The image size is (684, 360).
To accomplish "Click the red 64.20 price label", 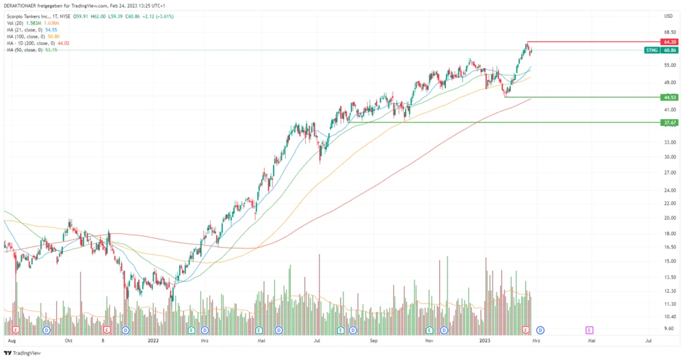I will (x=670, y=42).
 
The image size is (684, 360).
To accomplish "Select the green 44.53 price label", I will (x=670, y=97).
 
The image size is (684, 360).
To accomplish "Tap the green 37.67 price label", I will (x=670, y=123).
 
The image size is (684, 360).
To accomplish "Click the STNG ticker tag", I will (x=652, y=51).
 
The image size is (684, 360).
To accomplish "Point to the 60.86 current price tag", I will (x=670, y=51).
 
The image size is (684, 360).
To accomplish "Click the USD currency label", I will (x=668, y=16).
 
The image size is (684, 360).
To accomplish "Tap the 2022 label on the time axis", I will (x=153, y=339).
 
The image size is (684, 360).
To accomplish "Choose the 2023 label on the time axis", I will (x=485, y=339).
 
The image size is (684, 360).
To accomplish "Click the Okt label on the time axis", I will (x=68, y=339).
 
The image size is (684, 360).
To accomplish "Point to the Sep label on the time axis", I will (x=373, y=339).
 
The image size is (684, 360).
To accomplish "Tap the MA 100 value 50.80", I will (x=54, y=36).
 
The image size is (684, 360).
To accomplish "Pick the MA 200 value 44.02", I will (x=63, y=43).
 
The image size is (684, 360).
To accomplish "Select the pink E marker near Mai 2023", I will (x=589, y=330).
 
